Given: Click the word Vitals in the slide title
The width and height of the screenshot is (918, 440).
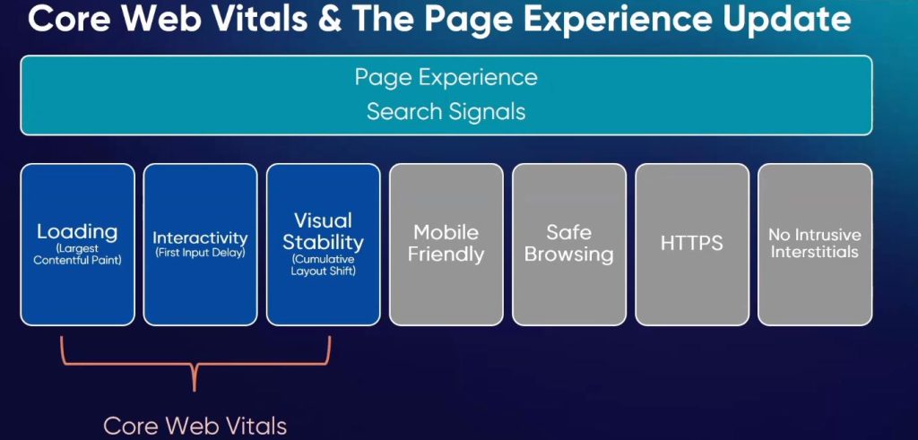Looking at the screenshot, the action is point(258,19).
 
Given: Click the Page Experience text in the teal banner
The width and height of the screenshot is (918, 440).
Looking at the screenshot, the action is point(446,77).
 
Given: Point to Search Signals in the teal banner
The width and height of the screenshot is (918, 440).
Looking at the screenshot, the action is point(446,111).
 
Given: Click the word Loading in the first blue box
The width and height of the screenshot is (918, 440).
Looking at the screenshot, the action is point(77,232).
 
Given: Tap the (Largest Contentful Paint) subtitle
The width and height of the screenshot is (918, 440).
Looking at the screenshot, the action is point(77,255).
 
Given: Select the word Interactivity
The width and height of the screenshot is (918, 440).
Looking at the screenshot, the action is point(200,238).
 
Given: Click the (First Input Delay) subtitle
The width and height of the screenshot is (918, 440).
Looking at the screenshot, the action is point(200,254).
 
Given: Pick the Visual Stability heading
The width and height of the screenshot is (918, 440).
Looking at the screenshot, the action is point(323,231).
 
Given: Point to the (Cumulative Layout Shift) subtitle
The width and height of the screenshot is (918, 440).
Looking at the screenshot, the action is point(323,265).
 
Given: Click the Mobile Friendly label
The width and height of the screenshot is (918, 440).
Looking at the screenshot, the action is point(446,244).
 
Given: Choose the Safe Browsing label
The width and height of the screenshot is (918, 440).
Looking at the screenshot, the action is point(569,244).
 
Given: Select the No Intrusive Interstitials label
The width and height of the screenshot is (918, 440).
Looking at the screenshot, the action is point(815,244).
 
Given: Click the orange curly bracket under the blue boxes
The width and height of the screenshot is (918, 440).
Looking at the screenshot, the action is point(194,366).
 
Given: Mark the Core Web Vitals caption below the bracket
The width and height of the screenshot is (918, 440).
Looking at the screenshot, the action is point(195,426).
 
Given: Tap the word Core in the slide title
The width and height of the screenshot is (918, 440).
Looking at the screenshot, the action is point(70,20).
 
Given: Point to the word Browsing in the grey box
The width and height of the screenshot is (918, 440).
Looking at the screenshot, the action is point(569,255).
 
